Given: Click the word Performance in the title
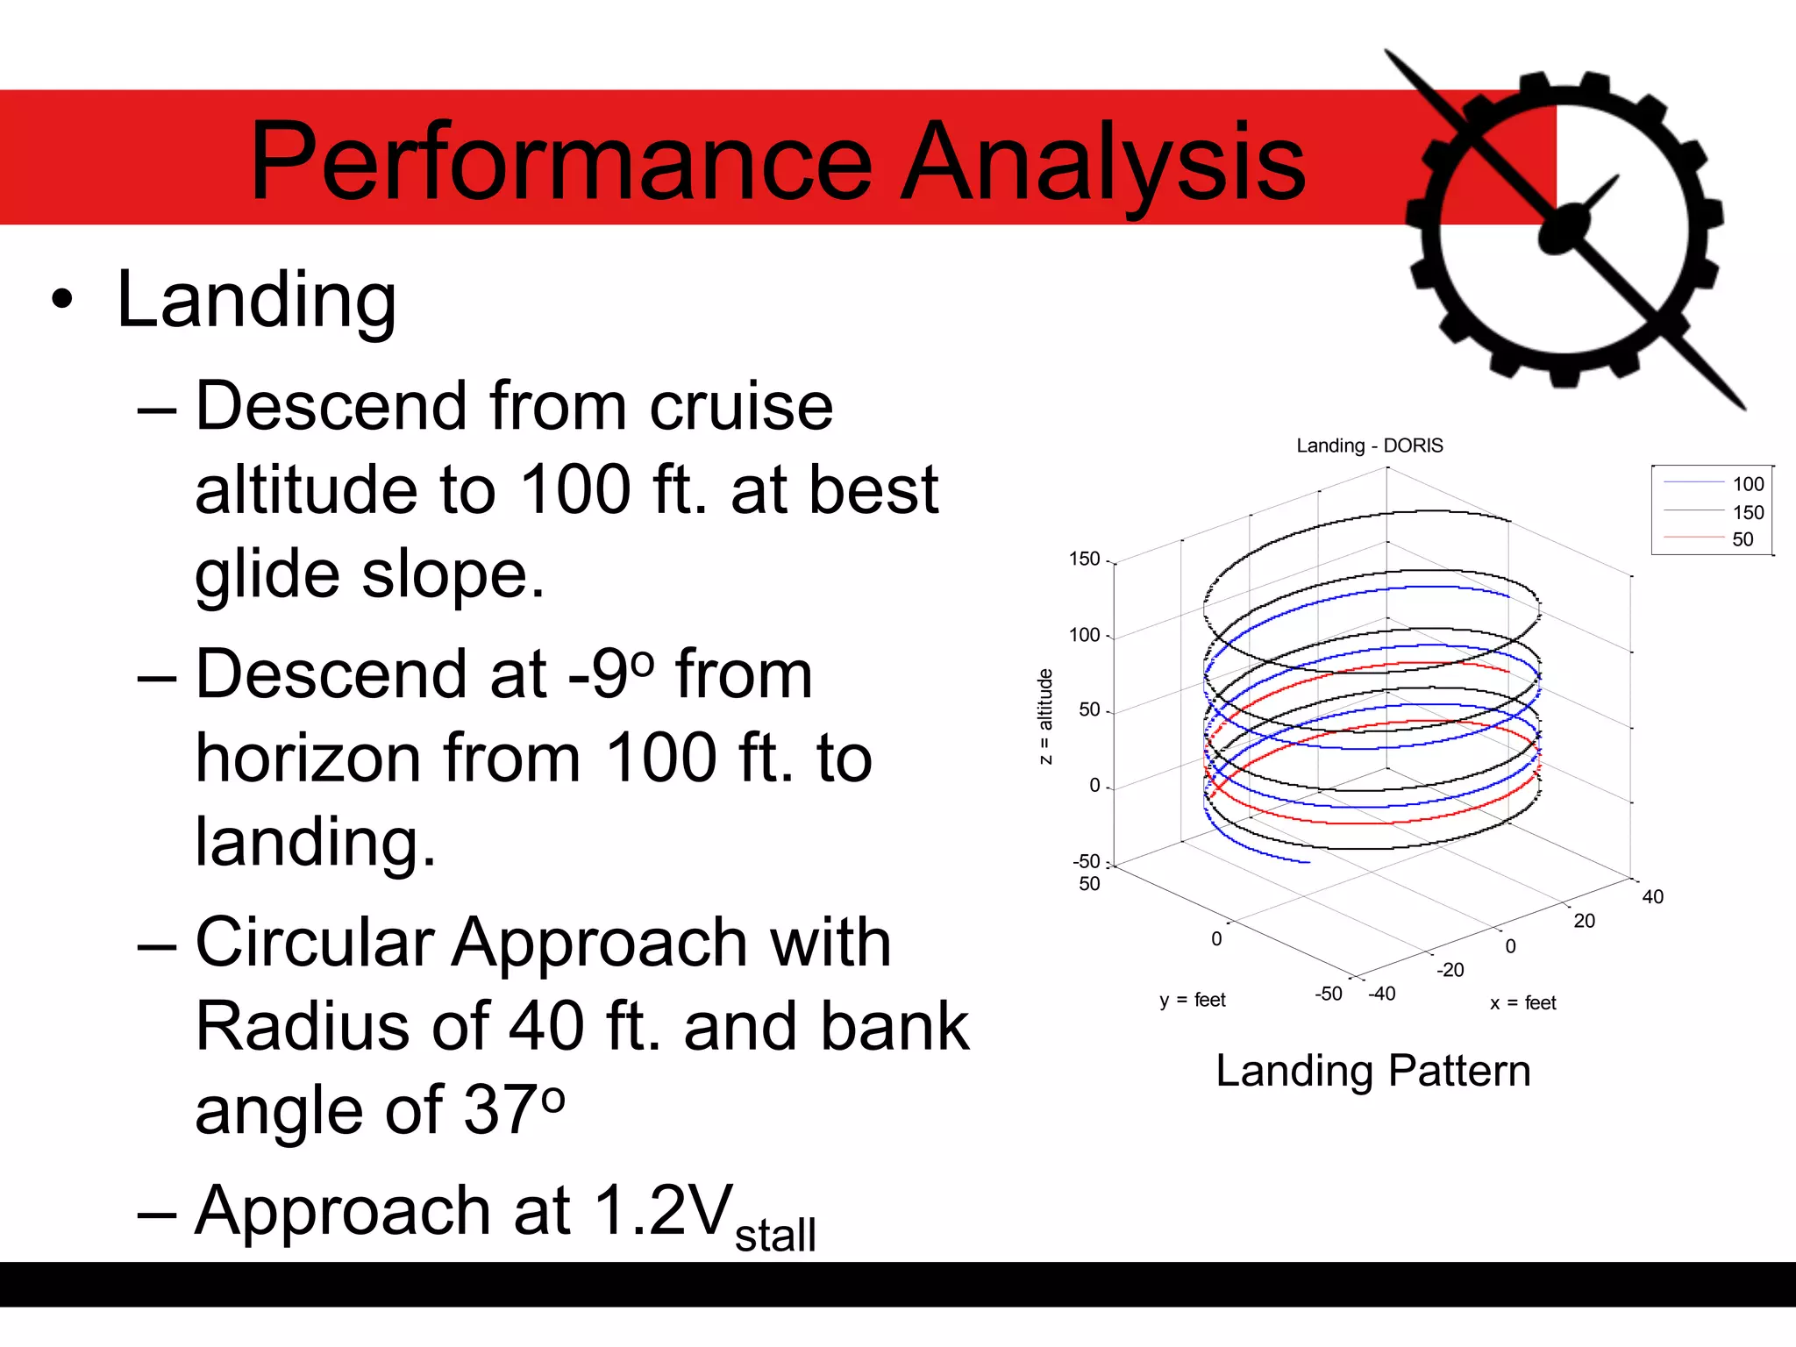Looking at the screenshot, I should [x=561, y=162].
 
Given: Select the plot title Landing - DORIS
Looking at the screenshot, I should [x=1369, y=445].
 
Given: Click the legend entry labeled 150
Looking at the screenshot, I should [x=1747, y=512].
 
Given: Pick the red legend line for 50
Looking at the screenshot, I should [x=1693, y=538].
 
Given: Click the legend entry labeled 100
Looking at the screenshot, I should [x=1747, y=484].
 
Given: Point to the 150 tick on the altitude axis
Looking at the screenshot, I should [x=1084, y=559].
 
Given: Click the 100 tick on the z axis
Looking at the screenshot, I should [x=1084, y=635].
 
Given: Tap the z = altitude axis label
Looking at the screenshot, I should [x=1044, y=716].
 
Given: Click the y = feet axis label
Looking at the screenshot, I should [x=1192, y=1000].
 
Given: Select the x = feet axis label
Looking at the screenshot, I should [x=1522, y=1002].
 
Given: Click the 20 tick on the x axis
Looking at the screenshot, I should [x=1584, y=921].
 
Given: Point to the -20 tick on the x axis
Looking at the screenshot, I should [x=1450, y=970].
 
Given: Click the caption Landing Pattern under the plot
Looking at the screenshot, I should [x=1372, y=1071].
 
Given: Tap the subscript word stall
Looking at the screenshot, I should [x=775, y=1235].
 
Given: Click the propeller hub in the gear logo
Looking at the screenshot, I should [x=1564, y=230].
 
